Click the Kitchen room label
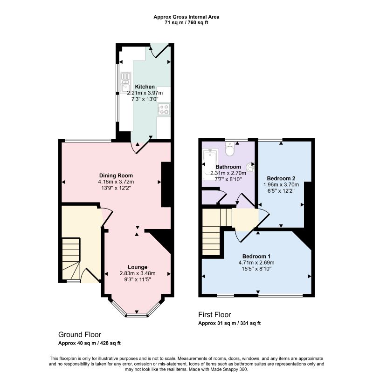(145, 87)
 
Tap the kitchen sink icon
(125, 82)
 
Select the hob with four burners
(164, 109)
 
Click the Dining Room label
(116, 176)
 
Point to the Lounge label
(138, 267)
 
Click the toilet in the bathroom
(229, 149)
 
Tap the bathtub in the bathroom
(210, 164)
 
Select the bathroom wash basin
(250, 167)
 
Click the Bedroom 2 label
(281, 178)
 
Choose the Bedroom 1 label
(256, 256)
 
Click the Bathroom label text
(228, 167)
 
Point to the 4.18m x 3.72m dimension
(116, 182)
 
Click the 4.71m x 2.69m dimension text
(256, 263)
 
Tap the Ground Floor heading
(80, 334)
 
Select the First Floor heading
(214, 314)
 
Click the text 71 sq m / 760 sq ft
(186, 23)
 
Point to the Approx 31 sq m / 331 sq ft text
(229, 323)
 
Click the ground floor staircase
(71, 258)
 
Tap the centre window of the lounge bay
(137, 315)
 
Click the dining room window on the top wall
(88, 140)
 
